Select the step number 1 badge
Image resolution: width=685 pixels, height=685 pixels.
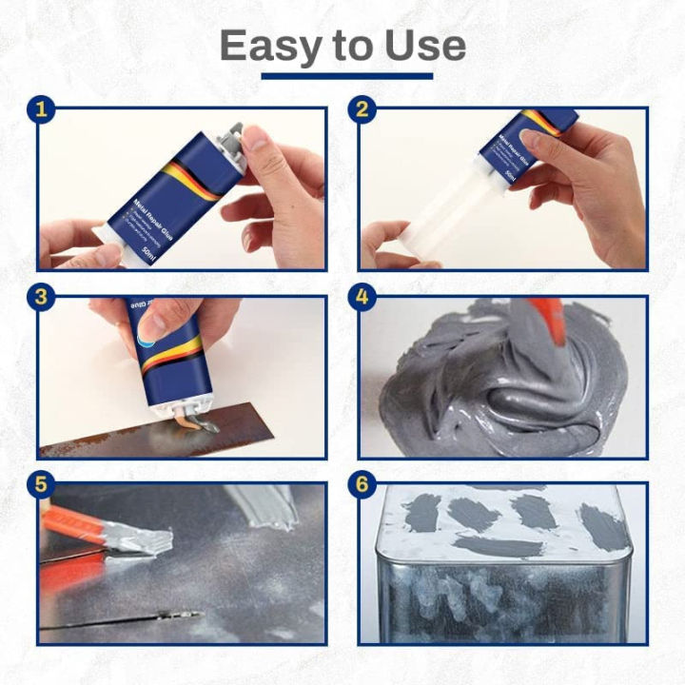39,109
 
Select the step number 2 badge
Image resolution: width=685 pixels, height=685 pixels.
362,109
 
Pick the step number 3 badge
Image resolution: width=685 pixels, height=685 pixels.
39,297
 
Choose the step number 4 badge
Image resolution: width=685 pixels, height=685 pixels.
362,297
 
